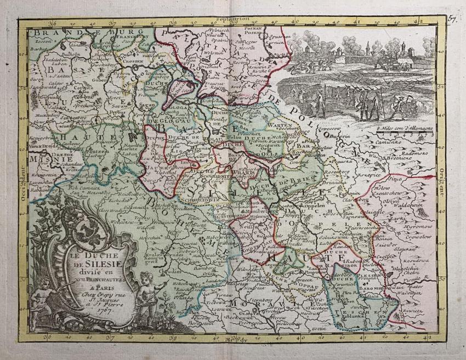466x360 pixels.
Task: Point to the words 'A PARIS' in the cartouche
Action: coord(86,284)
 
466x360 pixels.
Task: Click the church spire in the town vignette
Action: coord(368,47)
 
